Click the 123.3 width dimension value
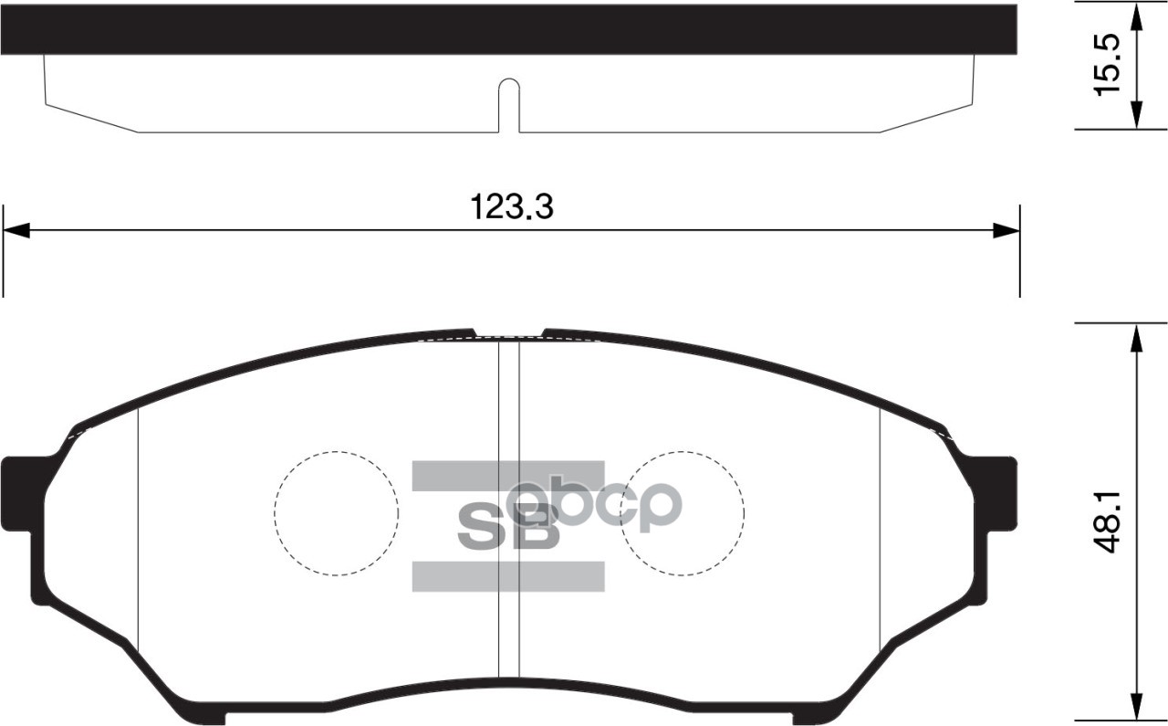(x=512, y=206)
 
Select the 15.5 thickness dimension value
(x=1106, y=65)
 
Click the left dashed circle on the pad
(x=337, y=512)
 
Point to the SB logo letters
(x=507, y=526)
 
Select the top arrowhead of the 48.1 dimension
(x=1136, y=338)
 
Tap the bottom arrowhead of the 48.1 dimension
(x=1136, y=710)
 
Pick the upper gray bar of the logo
(x=507, y=476)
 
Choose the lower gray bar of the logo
(x=507, y=575)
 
